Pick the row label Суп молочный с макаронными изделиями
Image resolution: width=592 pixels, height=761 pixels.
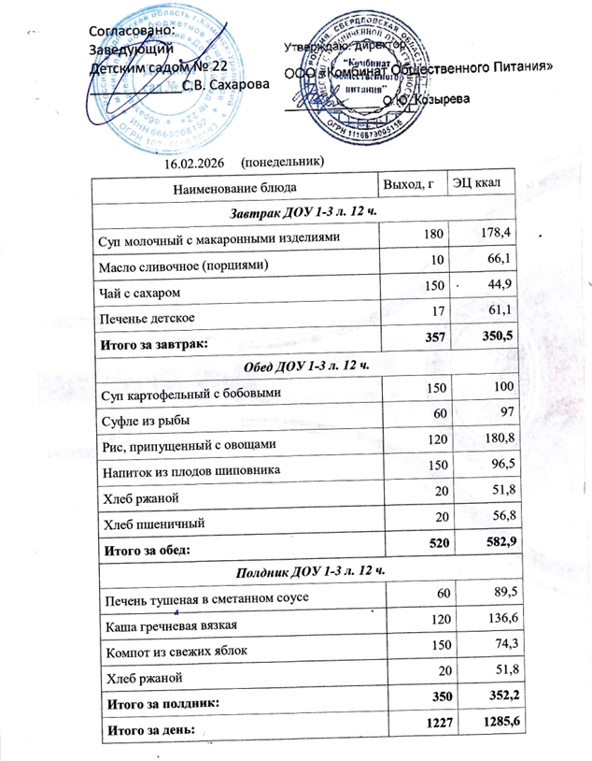coord(218,238)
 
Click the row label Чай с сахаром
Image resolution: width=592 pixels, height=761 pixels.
coord(138,294)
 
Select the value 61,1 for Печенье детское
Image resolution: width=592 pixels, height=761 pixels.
coord(497,309)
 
